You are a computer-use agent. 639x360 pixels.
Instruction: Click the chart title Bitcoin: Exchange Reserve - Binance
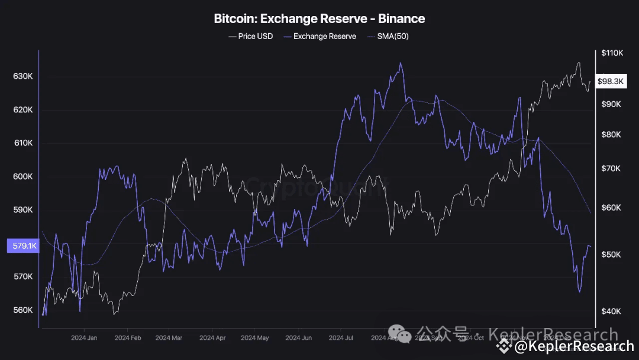[319, 19]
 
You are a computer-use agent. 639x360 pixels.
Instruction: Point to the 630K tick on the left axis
[22, 76]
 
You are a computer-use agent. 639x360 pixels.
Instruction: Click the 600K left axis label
[22, 176]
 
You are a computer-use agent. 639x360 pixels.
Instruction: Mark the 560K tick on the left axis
[22, 310]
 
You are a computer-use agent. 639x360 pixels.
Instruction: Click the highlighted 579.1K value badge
[22, 246]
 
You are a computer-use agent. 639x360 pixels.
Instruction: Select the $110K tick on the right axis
[612, 53]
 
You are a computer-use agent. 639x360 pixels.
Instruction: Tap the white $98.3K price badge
[610, 82]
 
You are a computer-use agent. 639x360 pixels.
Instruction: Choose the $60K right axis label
[611, 208]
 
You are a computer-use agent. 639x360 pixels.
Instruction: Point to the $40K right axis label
[611, 311]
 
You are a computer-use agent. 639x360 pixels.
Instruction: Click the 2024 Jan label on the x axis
[84, 338]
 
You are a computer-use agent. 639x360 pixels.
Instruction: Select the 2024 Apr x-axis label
[212, 338]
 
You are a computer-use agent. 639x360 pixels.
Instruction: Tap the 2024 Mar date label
[169, 338]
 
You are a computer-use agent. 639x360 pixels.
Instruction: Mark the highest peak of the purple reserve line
[401, 63]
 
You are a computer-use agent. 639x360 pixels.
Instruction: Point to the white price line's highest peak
[579, 63]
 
